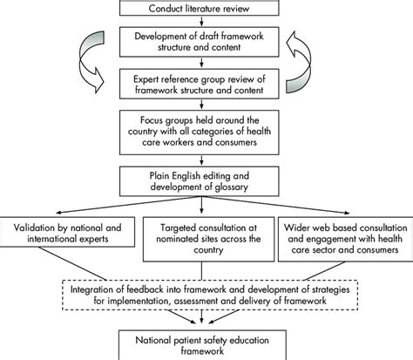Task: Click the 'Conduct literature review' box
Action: tap(206, 9)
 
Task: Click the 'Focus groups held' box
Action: tap(206, 131)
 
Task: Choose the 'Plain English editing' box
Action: tap(206, 179)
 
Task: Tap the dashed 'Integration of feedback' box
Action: tap(206, 289)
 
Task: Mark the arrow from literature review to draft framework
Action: tap(206, 23)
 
